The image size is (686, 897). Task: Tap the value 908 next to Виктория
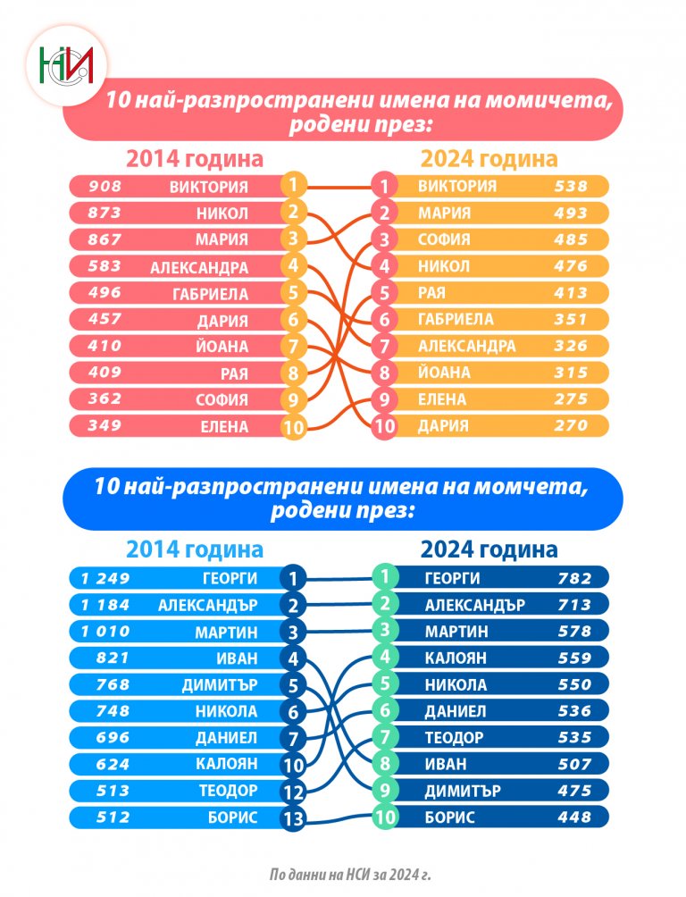tap(105, 187)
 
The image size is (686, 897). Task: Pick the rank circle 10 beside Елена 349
tap(293, 427)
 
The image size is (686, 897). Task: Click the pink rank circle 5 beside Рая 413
tap(383, 293)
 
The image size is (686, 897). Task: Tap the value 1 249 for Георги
tap(105, 578)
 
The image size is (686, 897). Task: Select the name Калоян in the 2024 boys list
tap(455, 658)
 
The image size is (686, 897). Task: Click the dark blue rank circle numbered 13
tap(293, 817)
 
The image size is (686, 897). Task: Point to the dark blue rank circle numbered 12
tap(293, 792)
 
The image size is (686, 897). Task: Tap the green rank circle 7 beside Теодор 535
tap(384, 738)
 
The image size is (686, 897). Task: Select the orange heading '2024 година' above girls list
tap(489, 159)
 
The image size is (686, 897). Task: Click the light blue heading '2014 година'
tap(195, 549)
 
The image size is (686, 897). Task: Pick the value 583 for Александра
tap(105, 266)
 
